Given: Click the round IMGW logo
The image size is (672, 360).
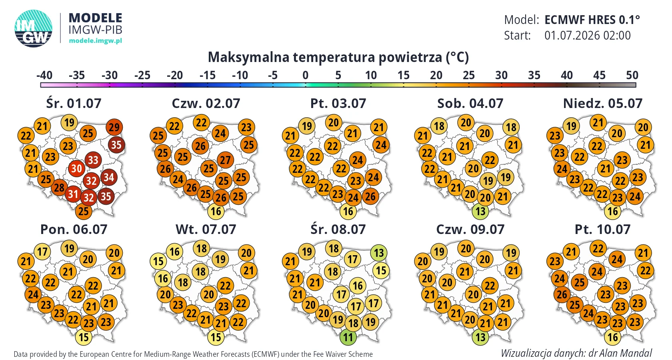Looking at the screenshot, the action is (x=33, y=28).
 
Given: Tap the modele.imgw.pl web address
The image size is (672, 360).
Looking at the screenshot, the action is (x=95, y=41).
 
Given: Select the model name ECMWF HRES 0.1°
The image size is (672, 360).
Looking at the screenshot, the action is (x=592, y=20).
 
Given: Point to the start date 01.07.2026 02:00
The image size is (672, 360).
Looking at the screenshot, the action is (x=587, y=35).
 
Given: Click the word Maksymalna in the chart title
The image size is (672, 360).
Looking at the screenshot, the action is (x=248, y=57).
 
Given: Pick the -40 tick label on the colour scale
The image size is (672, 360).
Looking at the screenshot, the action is (x=44, y=75).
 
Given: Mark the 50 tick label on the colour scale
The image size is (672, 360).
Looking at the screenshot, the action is (x=632, y=75).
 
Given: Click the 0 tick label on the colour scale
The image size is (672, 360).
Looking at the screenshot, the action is (x=306, y=75).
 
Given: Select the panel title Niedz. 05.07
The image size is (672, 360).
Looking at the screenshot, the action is (x=603, y=103).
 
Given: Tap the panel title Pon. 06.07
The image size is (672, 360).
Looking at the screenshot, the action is (x=74, y=230).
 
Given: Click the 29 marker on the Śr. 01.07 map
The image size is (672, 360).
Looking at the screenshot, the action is (x=114, y=128).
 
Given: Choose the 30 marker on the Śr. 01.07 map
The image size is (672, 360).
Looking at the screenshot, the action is (x=76, y=168).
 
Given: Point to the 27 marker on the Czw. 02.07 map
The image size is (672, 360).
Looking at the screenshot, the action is (x=225, y=160).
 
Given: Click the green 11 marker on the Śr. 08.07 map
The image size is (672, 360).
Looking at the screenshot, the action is (x=348, y=337).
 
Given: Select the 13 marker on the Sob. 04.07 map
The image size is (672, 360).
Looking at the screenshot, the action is (x=480, y=211).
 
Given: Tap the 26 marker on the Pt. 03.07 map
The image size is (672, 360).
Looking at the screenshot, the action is (x=370, y=196).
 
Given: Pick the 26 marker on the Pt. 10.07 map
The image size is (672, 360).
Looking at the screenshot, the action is (x=562, y=294).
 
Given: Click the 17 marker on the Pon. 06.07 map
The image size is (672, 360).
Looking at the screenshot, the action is (x=42, y=251).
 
